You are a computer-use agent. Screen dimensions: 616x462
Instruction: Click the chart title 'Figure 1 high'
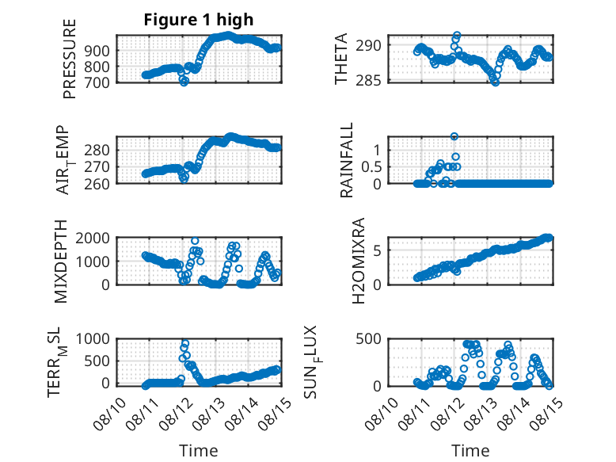pyautogui.click(x=199, y=20)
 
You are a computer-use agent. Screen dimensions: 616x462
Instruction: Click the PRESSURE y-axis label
pyautogui.click(x=69, y=59)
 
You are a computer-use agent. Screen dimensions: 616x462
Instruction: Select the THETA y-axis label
pyautogui.click(x=341, y=59)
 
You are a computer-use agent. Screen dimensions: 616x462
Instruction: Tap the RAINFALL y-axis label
pyautogui.click(x=347, y=159)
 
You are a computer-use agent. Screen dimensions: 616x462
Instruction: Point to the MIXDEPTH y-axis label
pyautogui.click(x=61, y=262)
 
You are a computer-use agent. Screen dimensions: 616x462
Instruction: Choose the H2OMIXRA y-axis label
pyautogui.click(x=359, y=261)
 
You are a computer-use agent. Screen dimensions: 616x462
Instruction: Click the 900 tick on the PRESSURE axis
pyautogui.click(x=97, y=51)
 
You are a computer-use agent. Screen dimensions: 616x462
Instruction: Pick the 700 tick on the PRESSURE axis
pyautogui.click(x=97, y=83)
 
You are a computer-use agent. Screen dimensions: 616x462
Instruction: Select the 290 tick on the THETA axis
pyautogui.click(x=368, y=45)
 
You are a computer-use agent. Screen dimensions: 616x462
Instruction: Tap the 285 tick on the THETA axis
pyautogui.click(x=368, y=81)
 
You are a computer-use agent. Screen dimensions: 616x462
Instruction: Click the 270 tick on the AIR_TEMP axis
pyautogui.click(x=97, y=167)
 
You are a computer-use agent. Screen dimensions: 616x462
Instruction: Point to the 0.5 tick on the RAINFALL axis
pyautogui.click(x=371, y=167)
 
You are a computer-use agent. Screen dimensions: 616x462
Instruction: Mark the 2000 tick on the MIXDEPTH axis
pyautogui.click(x=93, y=238)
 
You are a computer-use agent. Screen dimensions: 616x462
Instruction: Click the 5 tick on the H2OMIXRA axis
pyautogui.click(x=377, y=250)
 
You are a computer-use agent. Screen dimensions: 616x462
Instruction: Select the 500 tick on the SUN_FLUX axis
pyautogui.click(x=368, y=338)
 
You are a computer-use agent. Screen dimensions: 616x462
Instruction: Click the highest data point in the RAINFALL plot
pyautogui.click(x=454, y=136)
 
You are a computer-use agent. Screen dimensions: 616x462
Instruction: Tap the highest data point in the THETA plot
pyautogui.click(x=457, y=35)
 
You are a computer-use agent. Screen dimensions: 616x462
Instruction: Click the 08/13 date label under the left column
pyautogui.click(x=207, y=414)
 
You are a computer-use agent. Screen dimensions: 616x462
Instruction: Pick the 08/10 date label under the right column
pyautogui.click(x=381, y=414)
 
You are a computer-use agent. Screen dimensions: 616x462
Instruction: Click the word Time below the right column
pyautogui.click(x=470, y=451)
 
